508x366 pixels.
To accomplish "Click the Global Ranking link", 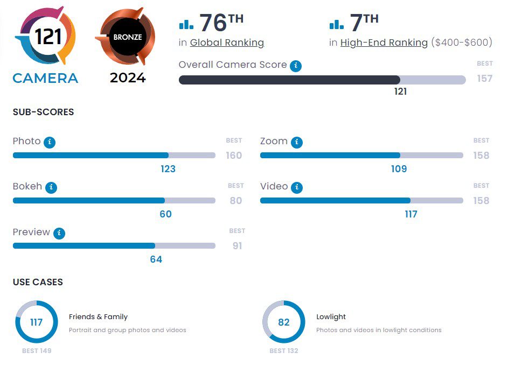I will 227,43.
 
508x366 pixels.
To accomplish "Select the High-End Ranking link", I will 384,43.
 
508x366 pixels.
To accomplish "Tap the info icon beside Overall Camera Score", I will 295,66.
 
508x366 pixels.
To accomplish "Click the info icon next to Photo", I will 50,142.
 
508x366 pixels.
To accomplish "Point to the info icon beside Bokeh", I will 51,187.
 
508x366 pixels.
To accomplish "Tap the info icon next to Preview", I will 59,233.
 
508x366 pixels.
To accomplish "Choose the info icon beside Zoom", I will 297,142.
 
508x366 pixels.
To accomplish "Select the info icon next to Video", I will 297,187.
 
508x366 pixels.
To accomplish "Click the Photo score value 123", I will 168,169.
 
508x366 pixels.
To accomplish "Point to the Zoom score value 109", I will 399,169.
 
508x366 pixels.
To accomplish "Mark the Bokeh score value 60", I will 165,214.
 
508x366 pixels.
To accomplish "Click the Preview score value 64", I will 156,259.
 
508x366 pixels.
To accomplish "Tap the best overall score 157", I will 484,79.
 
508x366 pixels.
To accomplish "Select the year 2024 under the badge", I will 128,78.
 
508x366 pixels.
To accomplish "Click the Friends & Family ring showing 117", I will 36,322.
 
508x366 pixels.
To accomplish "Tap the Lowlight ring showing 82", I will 283,322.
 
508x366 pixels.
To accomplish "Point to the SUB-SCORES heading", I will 43,112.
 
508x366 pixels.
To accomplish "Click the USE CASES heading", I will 38,282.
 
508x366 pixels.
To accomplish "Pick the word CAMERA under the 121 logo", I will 45,78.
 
